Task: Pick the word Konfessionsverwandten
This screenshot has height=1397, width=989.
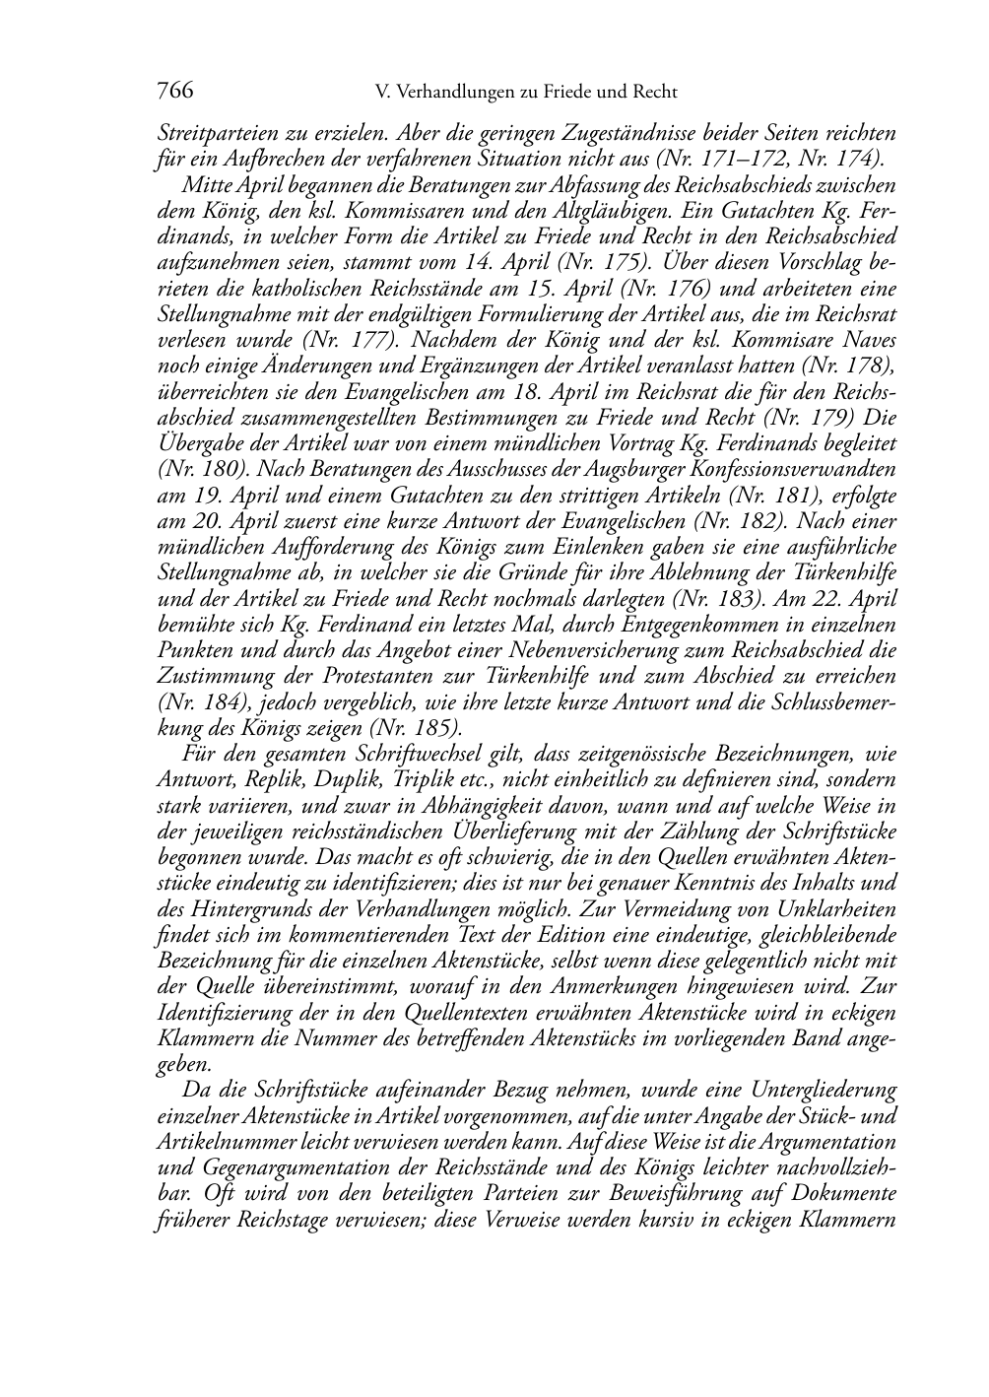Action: tap(801, 469)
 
